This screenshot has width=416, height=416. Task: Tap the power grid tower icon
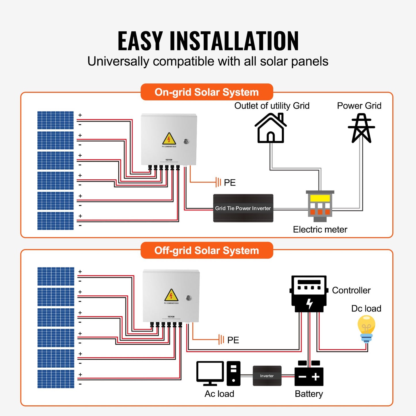(361, 128)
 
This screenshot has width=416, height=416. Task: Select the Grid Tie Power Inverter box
(243, 208)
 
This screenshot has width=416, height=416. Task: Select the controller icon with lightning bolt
(309, 294)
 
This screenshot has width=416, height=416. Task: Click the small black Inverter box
(267, 376)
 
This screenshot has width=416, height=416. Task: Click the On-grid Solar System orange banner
(207, 92)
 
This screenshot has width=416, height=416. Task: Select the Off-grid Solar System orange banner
(207, 250)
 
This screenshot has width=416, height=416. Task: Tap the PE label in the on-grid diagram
(230, 183)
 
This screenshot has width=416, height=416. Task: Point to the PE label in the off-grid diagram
(233, 340)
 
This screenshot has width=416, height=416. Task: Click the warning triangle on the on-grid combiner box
(169, 139)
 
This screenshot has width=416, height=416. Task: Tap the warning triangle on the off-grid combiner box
(171, 295)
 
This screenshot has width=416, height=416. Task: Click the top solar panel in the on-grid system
(56, 120)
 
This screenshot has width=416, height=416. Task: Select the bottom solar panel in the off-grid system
(56, 379)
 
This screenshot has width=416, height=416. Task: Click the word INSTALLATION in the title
(234, 41)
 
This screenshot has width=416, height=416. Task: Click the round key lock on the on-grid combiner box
(186, 141)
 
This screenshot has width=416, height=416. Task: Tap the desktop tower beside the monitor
(233, 373)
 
